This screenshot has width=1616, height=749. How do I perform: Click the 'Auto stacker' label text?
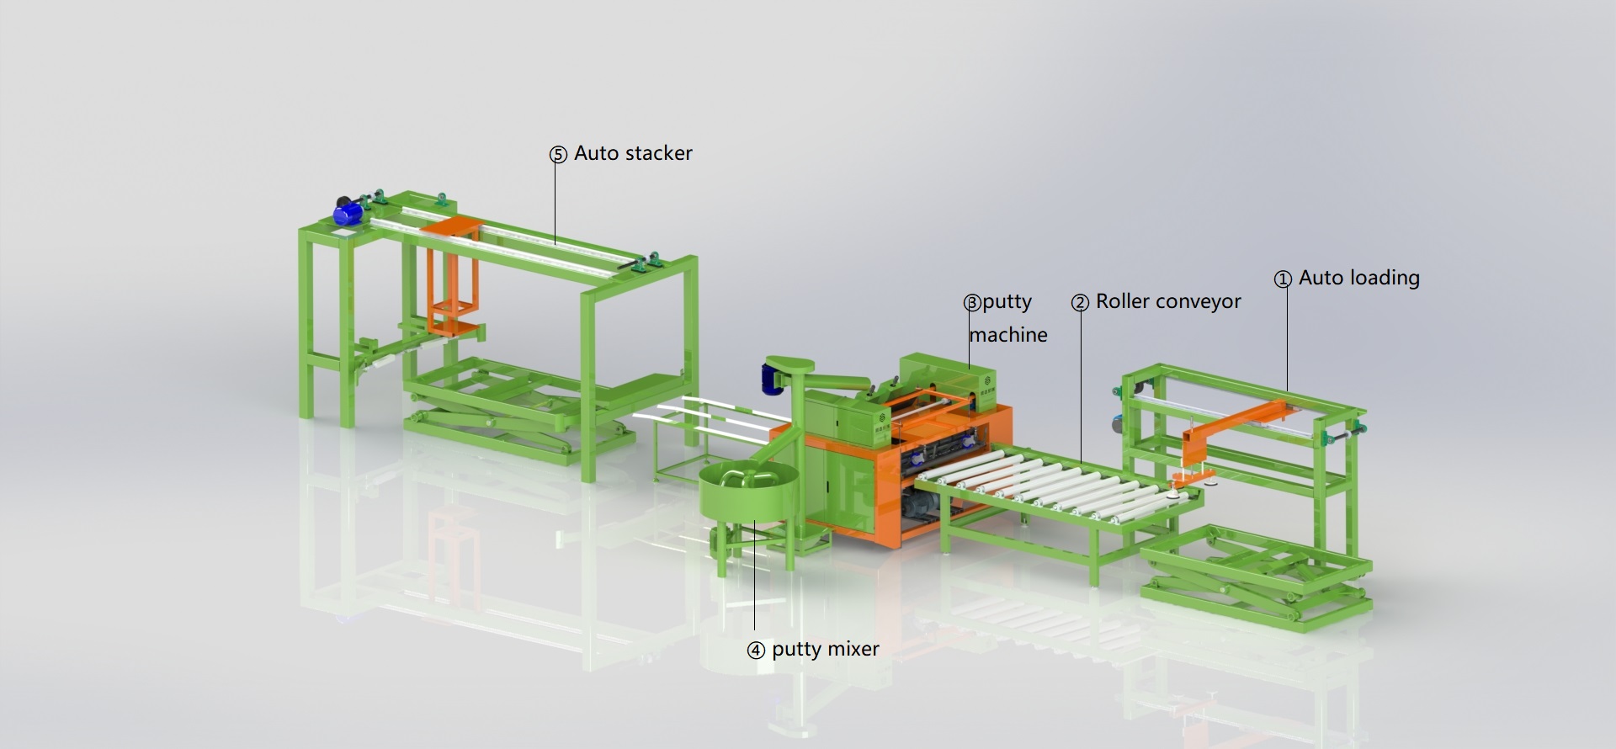tap(633, 153)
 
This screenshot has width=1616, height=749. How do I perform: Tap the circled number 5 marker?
tap(558, 155)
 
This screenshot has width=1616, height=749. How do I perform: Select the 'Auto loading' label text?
tap(1358, 278)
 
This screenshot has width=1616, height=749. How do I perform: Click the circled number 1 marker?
tap(1283, 279)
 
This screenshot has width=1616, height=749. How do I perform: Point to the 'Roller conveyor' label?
tap(1168, 301)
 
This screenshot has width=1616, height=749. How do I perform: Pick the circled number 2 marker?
tap(1080, 303)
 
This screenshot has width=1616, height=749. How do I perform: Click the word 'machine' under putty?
tap(1008, 335)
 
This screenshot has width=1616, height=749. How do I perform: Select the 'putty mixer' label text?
tap(825, 649)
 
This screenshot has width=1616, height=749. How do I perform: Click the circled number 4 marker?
tap(756, 651)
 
